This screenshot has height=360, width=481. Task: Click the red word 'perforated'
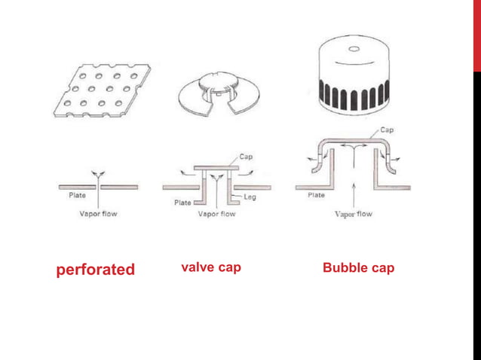click(x=96, y=269)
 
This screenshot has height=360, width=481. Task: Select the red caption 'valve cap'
click(x=211, y=267)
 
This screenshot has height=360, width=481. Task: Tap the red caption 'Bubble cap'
click(x=358, y=267)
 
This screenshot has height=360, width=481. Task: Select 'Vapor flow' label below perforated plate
click(x=99, y=213)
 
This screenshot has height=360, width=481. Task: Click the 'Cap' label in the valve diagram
click(x=246, y=157)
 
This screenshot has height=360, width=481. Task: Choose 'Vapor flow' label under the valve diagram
click(x=216, y=213)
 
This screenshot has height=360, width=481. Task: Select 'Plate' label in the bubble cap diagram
click(x=317, y=195)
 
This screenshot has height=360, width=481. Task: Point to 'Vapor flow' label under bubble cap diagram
click(x=353, y=213)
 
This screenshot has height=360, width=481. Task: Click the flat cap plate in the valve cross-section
click(x=216, y=166)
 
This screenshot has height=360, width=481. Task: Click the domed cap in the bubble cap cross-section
click(x=353, y=140)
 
